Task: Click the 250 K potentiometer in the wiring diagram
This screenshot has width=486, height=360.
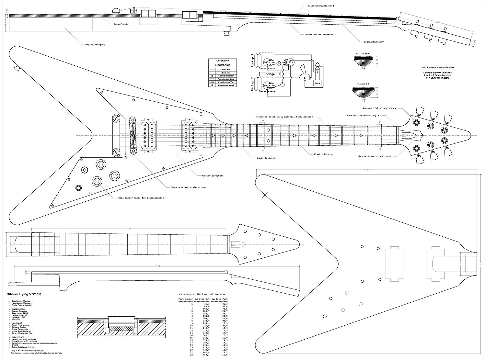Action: [290, 62]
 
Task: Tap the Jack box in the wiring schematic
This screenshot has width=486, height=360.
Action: [317, 83]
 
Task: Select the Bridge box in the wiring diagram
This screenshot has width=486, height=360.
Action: [270, 74]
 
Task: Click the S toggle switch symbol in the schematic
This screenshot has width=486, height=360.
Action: [305, 78]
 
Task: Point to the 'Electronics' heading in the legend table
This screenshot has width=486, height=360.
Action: [223, 65]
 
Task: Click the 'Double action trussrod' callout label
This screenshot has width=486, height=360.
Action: [319, 35]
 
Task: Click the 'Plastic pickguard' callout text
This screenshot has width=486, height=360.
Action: [212, 176]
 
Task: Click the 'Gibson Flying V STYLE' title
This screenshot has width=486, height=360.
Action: [24, 294]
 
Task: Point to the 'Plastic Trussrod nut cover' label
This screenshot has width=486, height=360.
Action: [374, 156]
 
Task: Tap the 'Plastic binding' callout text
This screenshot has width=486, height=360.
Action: [323, 154]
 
